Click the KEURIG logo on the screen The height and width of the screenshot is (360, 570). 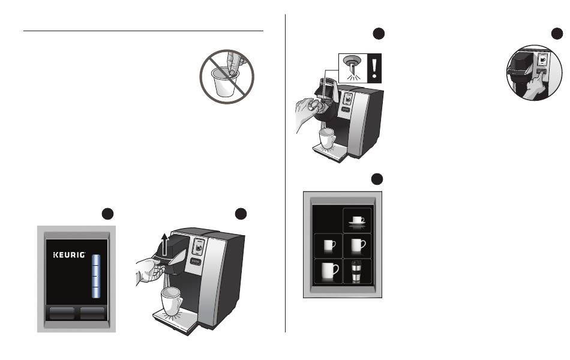pyautogui.click(x=69, y=255)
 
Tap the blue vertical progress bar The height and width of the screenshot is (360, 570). pyautogui.click(x=96, y=277)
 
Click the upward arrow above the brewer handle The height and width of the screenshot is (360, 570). pyautogui.click(x=164, y=245)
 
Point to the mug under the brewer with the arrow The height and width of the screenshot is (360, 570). pyautogui.click(x=172, y=301)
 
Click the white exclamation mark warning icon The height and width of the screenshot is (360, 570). pyautogui.click(x=374, y=68)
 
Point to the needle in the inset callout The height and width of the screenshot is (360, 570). pyautogui.click(x=352, y=68)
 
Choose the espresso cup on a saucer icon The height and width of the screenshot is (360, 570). pyautogui.click(x=358, y=221)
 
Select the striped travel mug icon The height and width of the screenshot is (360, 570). pyautogui.click(x=357, y=272)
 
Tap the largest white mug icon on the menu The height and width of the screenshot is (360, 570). pyautogui.click(x=330, y=272)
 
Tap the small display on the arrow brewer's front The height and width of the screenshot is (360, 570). pyautogui.click(x=199, y=247)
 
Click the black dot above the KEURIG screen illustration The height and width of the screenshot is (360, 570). pyautogui.click(x=107, y=214)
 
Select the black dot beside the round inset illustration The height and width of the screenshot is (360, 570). pyautogui.click(x=557, y=34)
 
